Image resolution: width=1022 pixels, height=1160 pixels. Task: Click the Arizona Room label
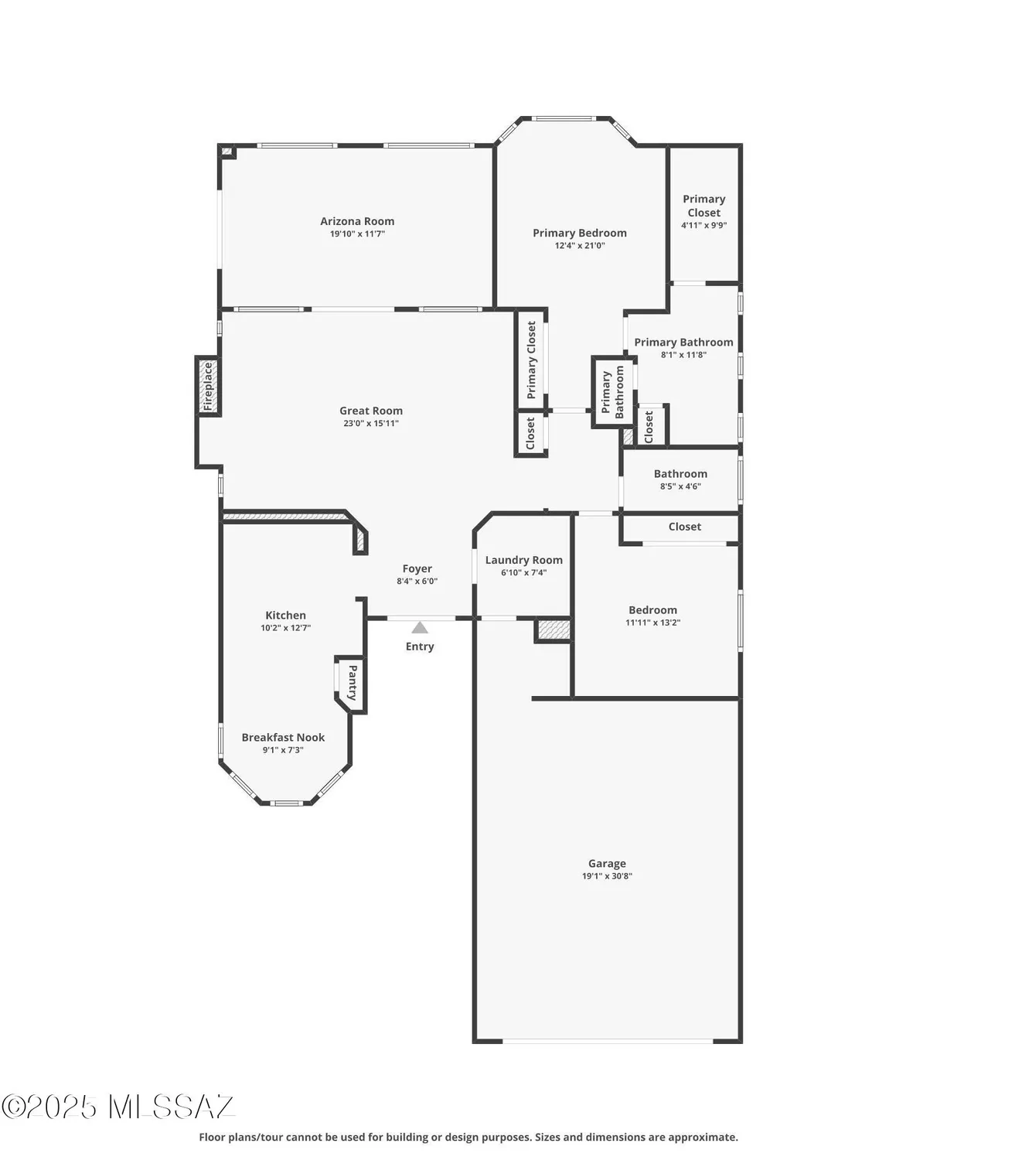[357, 221]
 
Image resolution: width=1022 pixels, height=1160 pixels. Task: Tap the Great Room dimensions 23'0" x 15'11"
[371, 424]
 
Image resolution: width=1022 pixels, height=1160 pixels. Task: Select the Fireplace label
[208, 387]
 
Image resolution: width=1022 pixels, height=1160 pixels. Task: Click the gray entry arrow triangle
[420, 627]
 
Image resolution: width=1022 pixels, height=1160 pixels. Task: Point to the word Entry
[420, 647]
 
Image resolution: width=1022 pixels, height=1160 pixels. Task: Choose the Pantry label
[353, 683]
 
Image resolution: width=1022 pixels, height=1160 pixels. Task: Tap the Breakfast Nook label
[283, 738]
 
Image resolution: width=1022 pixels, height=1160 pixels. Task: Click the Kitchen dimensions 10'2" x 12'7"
[285, 628]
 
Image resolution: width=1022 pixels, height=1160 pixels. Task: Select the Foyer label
[417, 568]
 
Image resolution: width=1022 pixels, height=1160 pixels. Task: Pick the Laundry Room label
[523, 560]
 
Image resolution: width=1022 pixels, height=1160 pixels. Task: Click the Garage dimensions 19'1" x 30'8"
[607, 876]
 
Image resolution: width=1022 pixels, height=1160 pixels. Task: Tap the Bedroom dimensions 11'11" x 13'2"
[652, 623]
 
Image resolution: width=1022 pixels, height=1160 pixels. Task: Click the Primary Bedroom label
[580, 233]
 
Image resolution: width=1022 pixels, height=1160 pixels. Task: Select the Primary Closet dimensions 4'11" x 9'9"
[703, 225]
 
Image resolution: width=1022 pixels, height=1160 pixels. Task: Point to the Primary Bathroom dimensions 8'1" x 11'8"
[683, 355]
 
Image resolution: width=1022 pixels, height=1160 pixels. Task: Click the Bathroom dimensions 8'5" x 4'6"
[680, 486]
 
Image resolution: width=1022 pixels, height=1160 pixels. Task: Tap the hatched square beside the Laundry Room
[554, 629]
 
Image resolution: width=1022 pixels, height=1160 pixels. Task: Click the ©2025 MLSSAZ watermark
[118, 1107]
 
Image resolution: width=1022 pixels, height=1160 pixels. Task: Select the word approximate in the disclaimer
[706, 1137]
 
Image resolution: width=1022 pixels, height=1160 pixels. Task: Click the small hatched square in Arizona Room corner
[227, 152]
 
